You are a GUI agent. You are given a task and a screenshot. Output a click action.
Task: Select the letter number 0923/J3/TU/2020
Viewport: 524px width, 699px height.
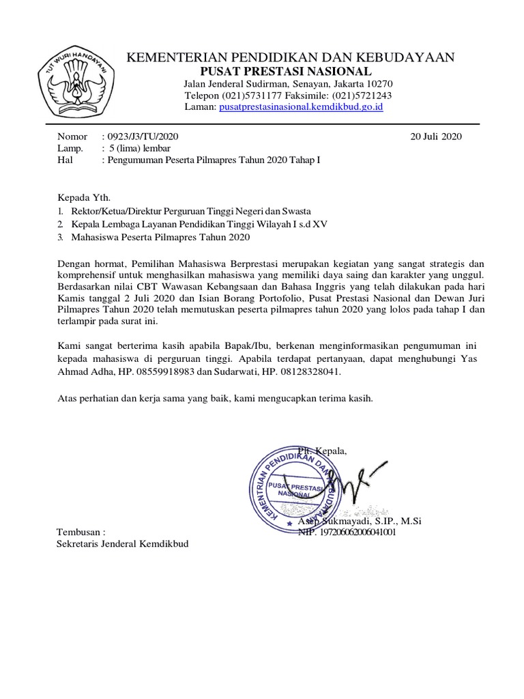tap(143, 137)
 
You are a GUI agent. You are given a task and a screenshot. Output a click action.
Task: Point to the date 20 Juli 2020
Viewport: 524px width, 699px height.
tap(436, 137)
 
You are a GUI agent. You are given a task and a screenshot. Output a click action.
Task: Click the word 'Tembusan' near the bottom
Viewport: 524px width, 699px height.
tap(81, 531)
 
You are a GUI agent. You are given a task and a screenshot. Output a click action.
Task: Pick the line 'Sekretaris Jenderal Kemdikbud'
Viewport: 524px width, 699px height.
tap(122, 543)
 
